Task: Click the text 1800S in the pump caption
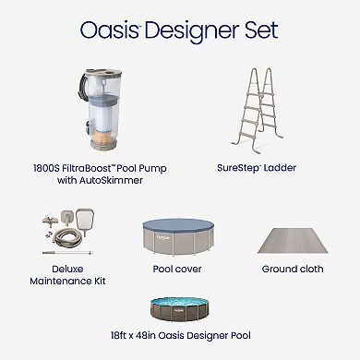tap(42, 170)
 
